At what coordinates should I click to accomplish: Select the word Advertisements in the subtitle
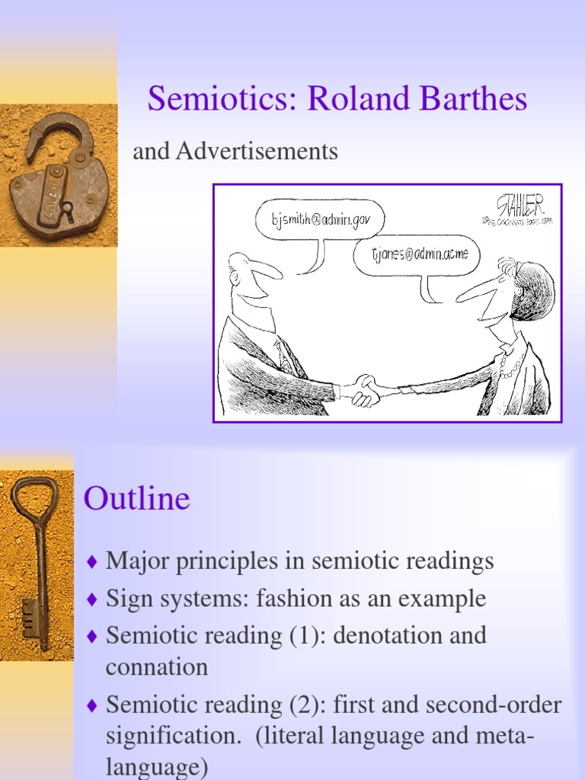pyautogui.click(x=257, y=152)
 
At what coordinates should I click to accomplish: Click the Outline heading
pyautogui.click(x=136, y=499)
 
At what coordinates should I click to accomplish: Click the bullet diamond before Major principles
pyautogui.click(x=92, y=563)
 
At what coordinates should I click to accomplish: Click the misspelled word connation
pyautogui.click(x=156, y=667)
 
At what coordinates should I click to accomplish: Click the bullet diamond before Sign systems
pyautogui.click(x=92, y=599)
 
